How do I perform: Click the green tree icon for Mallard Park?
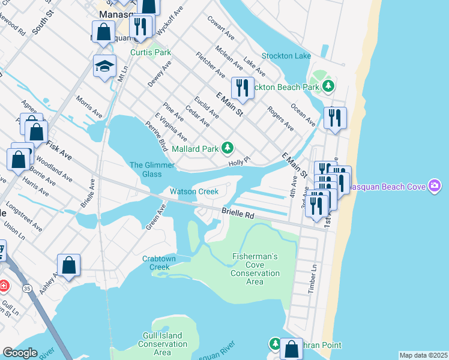[227, 148]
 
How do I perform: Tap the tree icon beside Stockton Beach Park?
[328, 87]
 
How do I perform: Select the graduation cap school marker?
[104, 66]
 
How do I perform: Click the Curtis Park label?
[151, 52]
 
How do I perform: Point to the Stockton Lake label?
[286, 56]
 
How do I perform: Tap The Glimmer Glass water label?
[152, 169]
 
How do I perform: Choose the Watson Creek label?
[193, 191]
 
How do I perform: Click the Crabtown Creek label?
[160, 263]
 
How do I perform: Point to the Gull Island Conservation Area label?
[163, 344]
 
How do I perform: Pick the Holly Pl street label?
[238, 162]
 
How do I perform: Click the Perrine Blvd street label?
[156, 136]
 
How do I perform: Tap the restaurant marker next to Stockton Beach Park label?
[242, 88]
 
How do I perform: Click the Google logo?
[20, 353]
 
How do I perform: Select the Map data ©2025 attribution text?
[423, 355]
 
